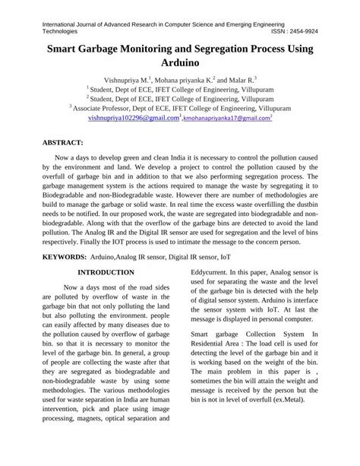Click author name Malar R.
[242, 78]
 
